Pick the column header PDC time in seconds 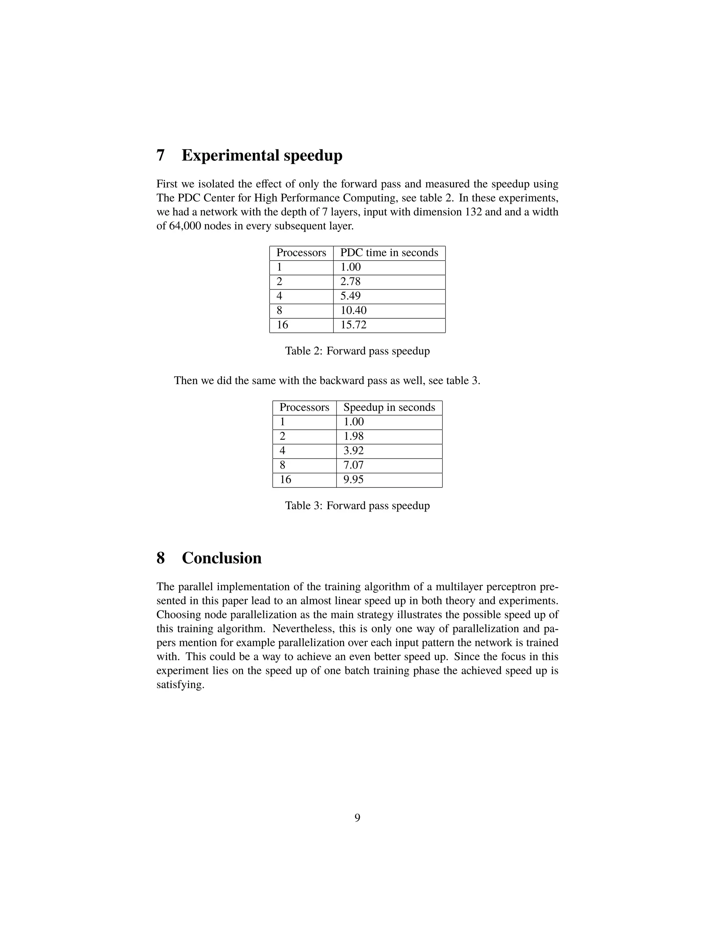pos(389,253)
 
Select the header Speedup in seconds pos(389,407)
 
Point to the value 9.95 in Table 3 pos(353,479)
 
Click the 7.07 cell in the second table pos(353,465)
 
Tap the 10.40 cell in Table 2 pos(353,310)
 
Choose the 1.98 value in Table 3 pos(353,436)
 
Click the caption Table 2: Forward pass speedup pos(357,351)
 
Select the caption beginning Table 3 pos(357,506)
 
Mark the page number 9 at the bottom pos(357,818)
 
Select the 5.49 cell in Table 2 pos(350,296)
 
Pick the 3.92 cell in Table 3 pos(353,451)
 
